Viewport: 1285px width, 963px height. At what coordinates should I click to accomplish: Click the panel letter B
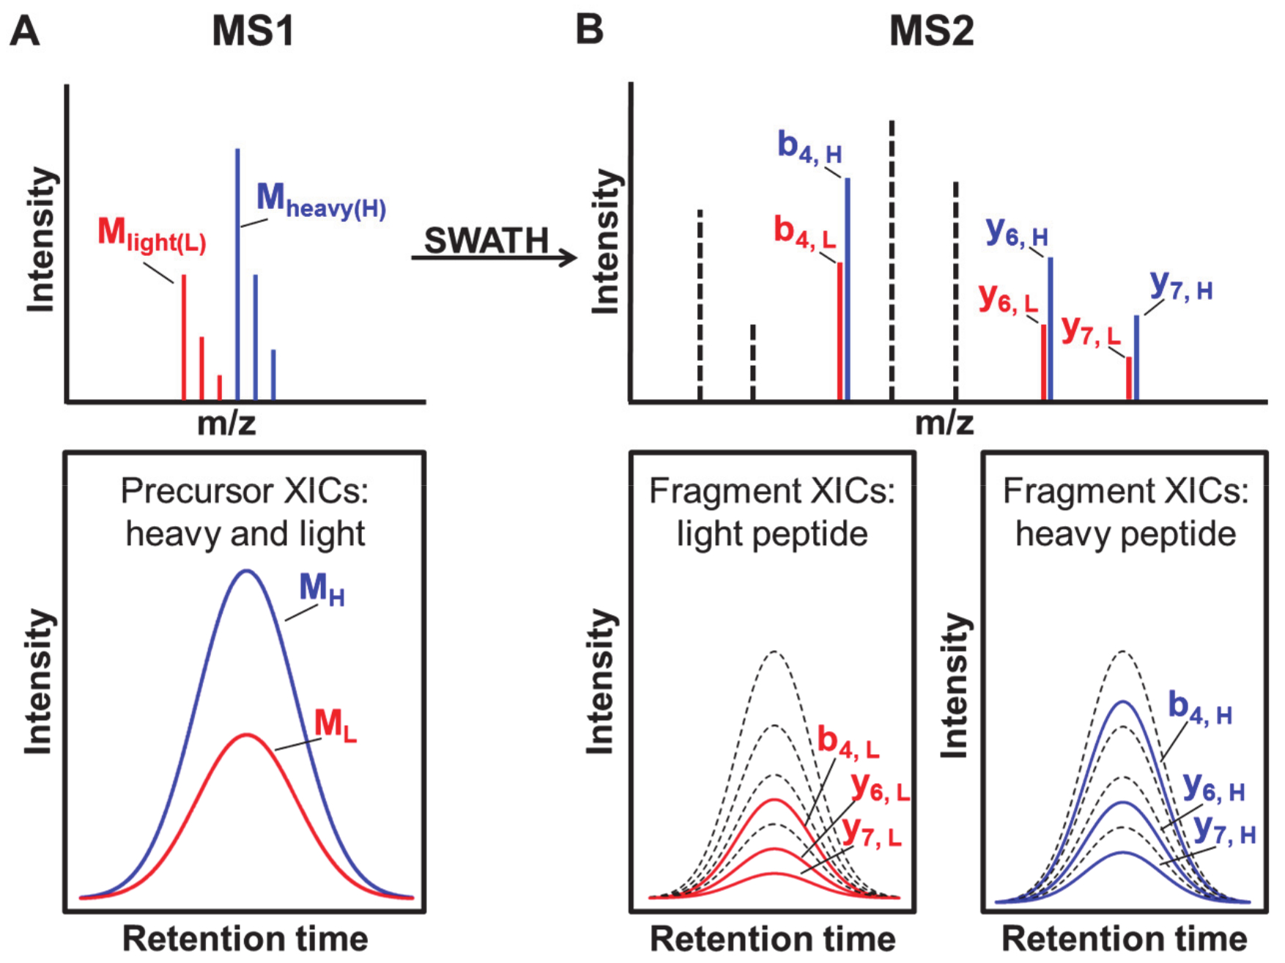point(590,30)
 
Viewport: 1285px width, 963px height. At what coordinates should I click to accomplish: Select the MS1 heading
point(253,32)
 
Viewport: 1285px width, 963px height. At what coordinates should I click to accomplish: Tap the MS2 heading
point(931,32)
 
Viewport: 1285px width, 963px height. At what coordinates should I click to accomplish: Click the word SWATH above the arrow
point(486,240)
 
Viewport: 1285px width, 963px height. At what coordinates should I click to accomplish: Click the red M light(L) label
point(152,235)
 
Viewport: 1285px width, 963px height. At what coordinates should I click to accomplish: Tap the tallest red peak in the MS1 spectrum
point(183,337)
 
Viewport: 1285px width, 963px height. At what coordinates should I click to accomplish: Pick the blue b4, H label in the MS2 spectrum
point(810,147)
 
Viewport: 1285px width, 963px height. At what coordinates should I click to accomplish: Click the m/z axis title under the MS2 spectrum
point(944,422)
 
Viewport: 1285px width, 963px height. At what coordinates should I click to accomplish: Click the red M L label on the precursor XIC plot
point(335,725)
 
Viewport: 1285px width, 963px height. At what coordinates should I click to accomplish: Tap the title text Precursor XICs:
point(245,491)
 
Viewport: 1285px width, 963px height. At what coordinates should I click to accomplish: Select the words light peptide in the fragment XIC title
point(772,534)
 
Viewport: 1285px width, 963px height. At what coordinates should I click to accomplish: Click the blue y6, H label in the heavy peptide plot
point(1214,789)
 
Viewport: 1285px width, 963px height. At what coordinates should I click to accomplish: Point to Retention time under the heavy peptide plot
point(1124,939)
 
